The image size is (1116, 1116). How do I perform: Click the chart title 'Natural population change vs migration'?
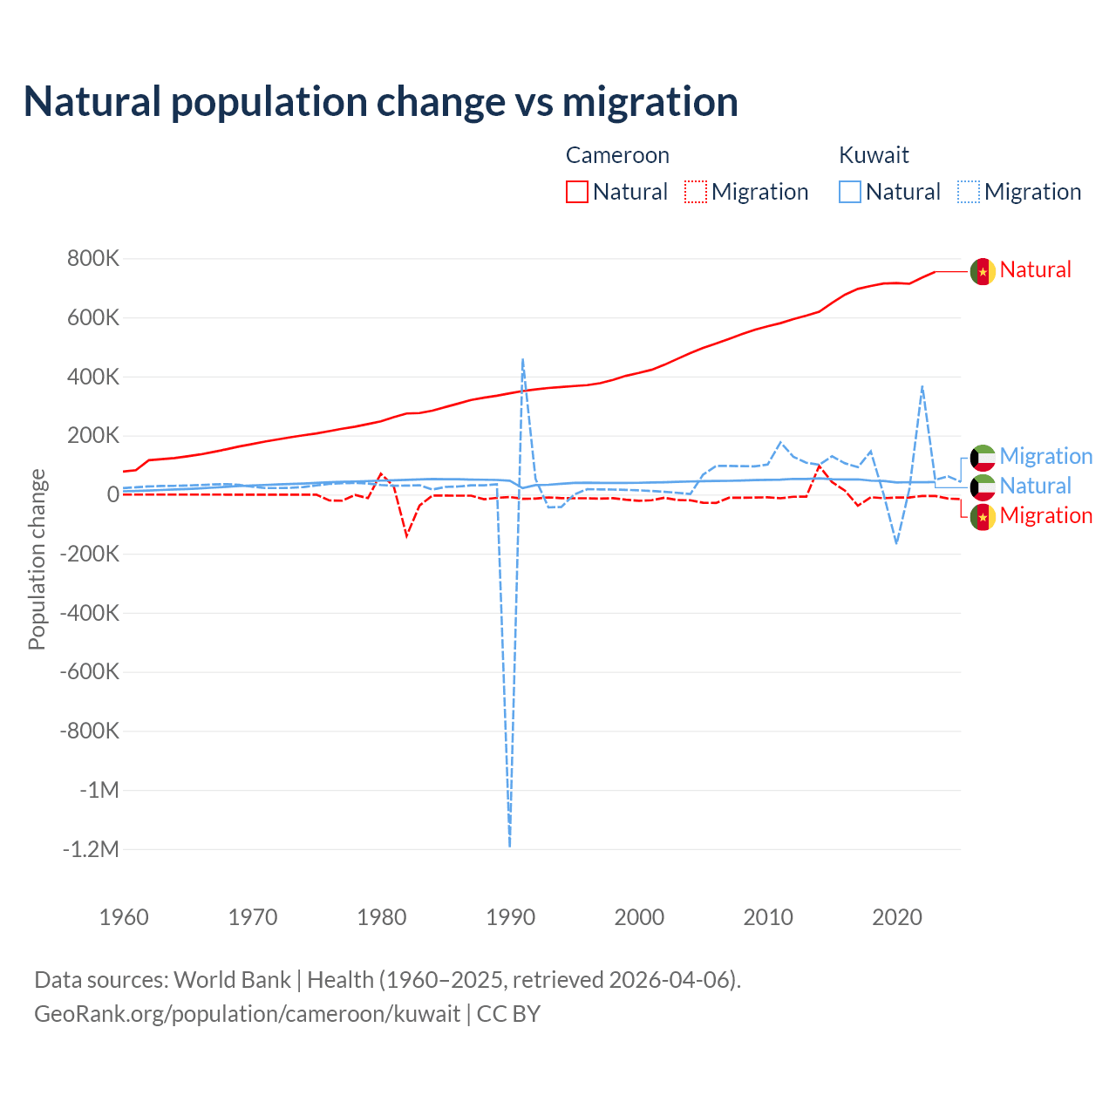coord(381,102)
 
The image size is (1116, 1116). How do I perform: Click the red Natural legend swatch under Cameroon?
coord(577,192)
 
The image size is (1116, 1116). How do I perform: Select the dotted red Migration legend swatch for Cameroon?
coord(696,192)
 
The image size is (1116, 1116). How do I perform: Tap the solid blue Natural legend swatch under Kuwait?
coord(850,192)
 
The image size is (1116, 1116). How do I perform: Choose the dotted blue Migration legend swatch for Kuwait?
coord(969,192)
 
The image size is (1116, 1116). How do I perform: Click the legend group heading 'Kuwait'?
coord(874,155)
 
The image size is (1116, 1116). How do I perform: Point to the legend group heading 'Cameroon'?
coord(617,155)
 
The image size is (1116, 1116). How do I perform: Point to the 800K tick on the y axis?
coord(93,259)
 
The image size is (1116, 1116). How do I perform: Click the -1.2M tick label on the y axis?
coord(91,849)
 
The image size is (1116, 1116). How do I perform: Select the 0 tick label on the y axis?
coord(113,494)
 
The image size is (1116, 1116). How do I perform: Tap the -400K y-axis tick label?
coord(90,613)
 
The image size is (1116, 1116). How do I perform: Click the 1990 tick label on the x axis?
coord(510,917)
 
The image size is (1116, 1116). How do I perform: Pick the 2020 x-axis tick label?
coord(897,917)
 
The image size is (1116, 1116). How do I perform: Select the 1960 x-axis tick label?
coord(124,917)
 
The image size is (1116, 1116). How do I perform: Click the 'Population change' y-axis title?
coord(37,559)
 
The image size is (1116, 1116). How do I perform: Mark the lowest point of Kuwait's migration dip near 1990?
coord(509,846)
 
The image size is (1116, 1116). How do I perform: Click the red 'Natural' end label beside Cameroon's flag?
coord(1035,270)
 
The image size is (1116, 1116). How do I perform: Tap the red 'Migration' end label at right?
coord(1045,516)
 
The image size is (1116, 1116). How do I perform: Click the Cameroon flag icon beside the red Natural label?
coord(983,272)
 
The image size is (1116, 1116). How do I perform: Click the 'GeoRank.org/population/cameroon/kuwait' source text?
coord(247,1014)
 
